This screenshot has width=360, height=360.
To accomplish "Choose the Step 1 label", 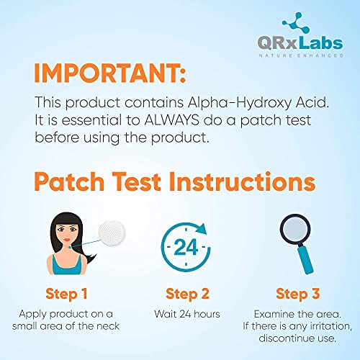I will pyautogui.click(x=66, y=292).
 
